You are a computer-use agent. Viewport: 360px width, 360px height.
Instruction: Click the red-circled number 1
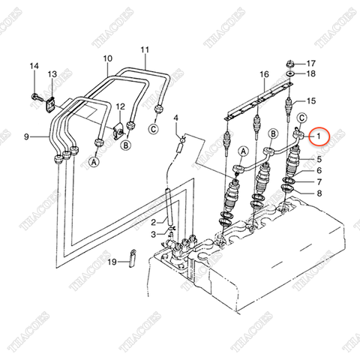(319, 136)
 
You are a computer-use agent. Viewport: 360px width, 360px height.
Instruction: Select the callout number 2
(153, 222)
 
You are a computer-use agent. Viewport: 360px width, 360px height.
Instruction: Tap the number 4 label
(176, 118)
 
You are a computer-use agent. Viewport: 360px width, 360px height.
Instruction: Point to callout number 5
(319, 160)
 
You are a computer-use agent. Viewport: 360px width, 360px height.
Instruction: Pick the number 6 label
(319, 171)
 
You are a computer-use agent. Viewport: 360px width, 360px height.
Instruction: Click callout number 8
(319, 193)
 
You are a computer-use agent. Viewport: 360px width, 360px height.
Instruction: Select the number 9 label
(26, 136)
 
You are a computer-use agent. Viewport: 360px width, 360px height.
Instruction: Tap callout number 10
(107, 58)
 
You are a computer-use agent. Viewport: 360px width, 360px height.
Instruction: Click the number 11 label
(145, 49)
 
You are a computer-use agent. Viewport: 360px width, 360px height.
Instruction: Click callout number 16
(264, 74)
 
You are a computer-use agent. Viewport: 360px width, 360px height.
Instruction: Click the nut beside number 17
(289, 64)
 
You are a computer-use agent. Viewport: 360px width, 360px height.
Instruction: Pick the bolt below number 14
(34, 95)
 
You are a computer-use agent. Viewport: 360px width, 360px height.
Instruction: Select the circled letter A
(94, 160)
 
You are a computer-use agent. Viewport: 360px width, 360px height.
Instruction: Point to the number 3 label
(153, 235)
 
